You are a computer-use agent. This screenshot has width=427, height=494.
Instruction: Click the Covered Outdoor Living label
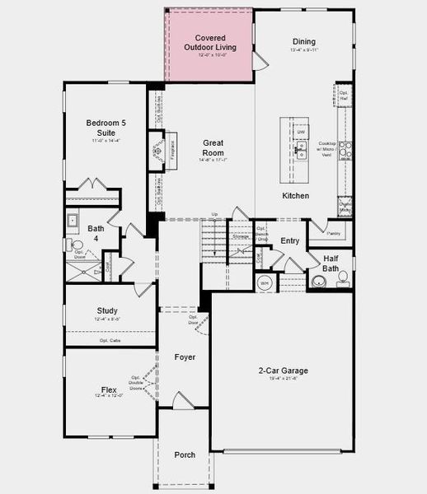pos(209,43)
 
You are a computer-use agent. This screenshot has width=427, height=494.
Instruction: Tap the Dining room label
pos(304,42)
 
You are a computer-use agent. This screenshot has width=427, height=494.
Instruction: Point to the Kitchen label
pos(295,196)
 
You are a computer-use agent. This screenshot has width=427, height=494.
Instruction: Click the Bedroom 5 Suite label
pos(106,128)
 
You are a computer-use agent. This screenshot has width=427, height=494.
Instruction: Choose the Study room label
pos(106,310)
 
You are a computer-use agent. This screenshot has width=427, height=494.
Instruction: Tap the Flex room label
pos(108,389)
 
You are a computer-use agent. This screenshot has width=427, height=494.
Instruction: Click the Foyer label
pos(185,357)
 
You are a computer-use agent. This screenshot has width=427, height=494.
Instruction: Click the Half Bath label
pos(331,263)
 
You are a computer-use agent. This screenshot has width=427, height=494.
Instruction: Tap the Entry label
pos(290,241)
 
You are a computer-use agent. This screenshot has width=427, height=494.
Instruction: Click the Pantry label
pos(333,234)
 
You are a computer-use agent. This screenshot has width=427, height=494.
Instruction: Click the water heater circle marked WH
pos(265,283)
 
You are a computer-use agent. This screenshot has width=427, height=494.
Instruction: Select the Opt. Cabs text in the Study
pos(110,340)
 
